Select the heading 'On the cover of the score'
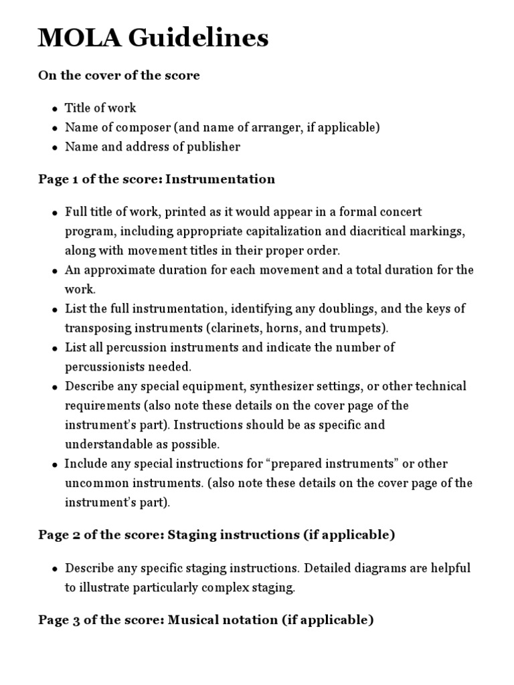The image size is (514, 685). (119, 76)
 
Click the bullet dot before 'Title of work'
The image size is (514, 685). (55, 109)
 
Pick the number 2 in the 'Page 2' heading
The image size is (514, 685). (72, 534)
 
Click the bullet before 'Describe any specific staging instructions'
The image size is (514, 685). (55, 569)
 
